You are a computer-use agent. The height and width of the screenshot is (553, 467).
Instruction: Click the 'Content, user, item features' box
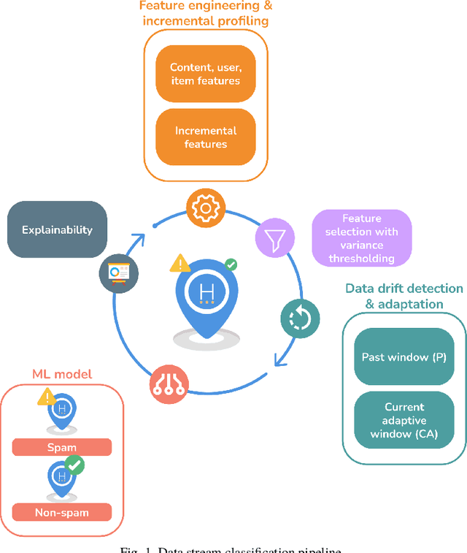pos(205,74)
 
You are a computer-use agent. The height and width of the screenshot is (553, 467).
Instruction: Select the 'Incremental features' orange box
pos(205,137)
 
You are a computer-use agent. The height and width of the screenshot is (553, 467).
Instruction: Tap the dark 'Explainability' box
pos(57,229)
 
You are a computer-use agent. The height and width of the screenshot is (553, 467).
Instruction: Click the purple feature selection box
pos(361,238)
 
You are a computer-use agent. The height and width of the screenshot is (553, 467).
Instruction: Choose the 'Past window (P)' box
pos(404,357)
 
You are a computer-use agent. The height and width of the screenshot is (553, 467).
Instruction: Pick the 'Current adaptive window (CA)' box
pos(404,420)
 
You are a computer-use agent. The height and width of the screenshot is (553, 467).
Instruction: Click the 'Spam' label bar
pos(61,447)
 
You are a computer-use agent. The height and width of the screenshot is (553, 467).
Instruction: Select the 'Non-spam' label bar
pos(61,512)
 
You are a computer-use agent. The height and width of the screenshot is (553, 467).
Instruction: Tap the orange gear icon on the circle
pos(207,207)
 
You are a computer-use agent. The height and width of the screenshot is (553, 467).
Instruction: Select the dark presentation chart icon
pos(117,272)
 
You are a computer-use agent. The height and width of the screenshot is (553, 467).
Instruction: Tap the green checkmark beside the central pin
pos(231,264)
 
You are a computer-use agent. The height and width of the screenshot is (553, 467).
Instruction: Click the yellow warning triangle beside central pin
pos(180,263)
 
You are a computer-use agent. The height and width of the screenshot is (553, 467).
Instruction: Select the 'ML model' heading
pos(61,374)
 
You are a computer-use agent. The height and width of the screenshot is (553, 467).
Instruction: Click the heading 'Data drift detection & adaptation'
pos(404,296)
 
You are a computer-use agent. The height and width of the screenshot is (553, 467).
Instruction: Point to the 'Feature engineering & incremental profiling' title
pos(205,13)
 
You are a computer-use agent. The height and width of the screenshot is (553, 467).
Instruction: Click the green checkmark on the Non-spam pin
pos(74,465)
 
